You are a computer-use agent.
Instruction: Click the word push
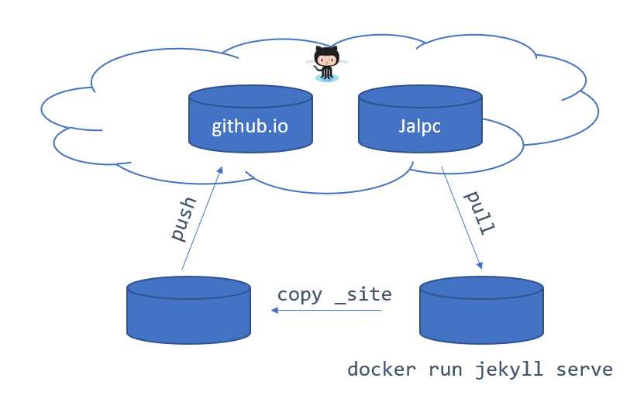(184, 218)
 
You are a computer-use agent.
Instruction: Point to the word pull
(479, 212)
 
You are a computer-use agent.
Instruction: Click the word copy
(299, 294)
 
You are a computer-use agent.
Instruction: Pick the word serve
(584, 370)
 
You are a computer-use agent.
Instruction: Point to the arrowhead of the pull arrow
(480, 265)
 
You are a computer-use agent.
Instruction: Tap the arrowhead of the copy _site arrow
(274, 311)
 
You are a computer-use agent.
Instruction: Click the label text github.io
(250, 126)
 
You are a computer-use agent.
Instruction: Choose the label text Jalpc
(420, 126)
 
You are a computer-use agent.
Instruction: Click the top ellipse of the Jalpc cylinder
(420, 96)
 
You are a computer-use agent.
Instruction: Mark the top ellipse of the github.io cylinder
(250, 96)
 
